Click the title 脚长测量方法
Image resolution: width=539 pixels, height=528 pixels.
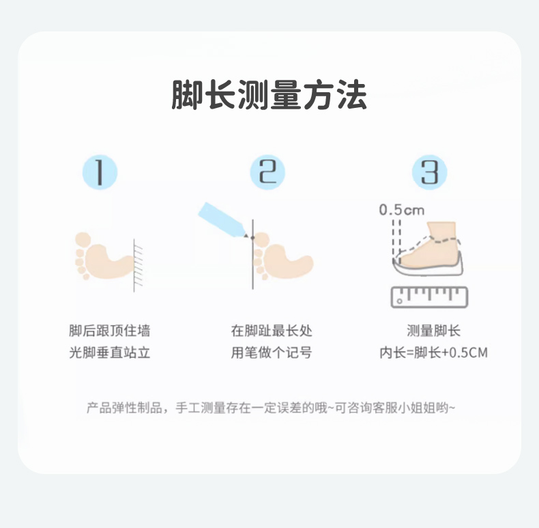coord(269,95)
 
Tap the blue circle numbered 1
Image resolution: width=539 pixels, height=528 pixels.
coord(100,172)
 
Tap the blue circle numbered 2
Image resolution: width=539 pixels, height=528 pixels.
coord(267,172)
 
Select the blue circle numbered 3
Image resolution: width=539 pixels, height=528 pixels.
coord(430,172)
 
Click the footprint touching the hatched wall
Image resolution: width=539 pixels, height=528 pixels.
coord(103,256)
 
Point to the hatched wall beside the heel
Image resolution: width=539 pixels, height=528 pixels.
coord(138,265)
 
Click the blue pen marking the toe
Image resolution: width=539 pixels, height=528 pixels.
coord(222,220)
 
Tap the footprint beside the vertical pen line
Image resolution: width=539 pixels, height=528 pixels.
coord(282,256)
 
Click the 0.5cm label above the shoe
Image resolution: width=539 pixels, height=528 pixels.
coord(401,210)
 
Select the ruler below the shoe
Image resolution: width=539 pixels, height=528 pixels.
coord(430,297)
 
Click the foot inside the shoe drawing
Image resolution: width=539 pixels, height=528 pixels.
coord(430,245)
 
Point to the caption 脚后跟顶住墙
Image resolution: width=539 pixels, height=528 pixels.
coord(110,331)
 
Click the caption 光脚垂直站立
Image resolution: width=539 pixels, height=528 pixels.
coord(110,352)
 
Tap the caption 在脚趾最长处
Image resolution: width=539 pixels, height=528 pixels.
coord(272,331)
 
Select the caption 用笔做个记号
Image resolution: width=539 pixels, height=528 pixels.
coord(272,352)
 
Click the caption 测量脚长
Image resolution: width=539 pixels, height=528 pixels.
coord(433,331)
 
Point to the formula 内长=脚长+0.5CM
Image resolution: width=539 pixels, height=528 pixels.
coord(433,352)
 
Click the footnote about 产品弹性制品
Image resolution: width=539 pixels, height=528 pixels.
coord(271,408)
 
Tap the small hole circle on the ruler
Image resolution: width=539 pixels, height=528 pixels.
coord(399,301)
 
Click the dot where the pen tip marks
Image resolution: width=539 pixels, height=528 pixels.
coord(252,238)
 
